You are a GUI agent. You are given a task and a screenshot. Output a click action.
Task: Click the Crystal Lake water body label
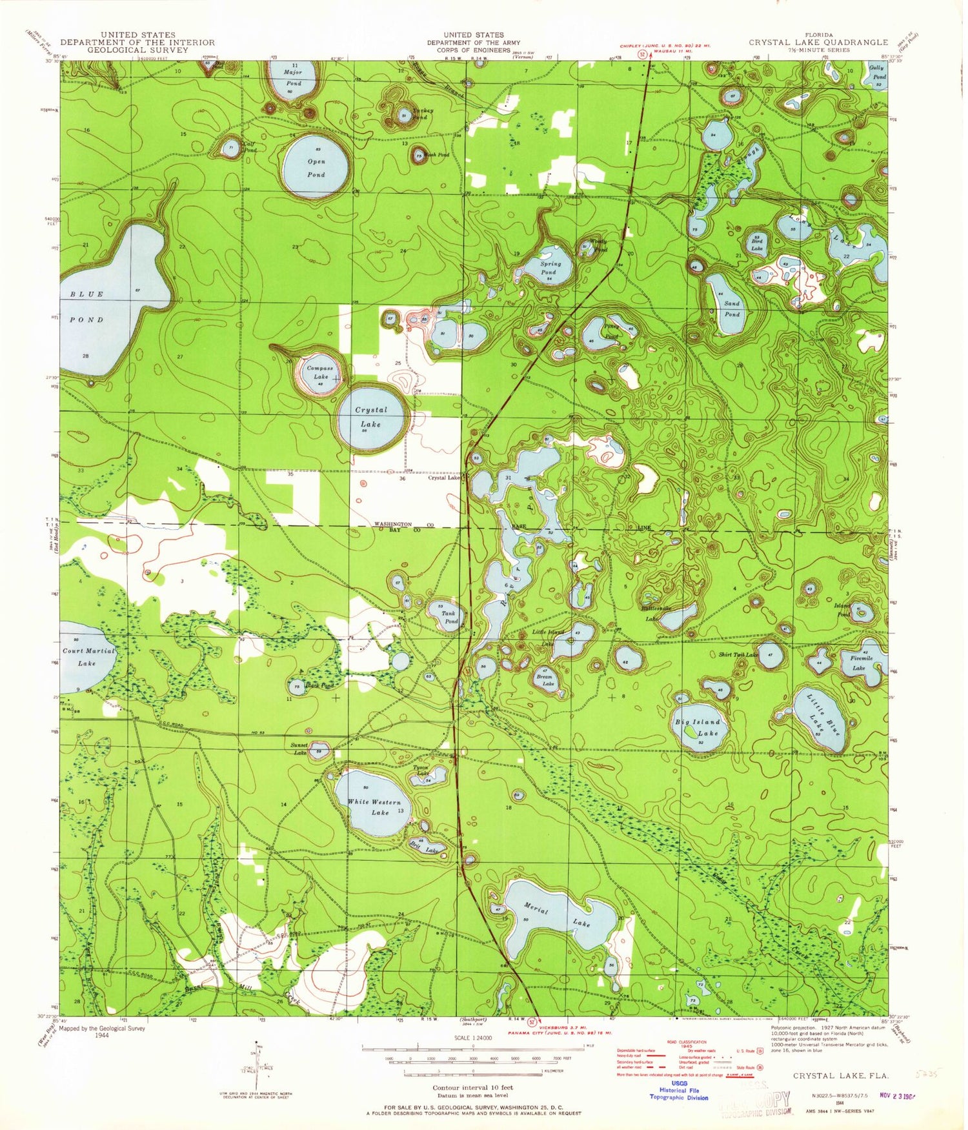[371, 417]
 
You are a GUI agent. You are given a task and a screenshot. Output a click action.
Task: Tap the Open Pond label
[316, 168]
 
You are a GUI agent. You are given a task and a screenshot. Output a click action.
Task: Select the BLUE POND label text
[86, 307]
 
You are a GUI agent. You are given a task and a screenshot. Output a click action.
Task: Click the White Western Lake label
[375, 807]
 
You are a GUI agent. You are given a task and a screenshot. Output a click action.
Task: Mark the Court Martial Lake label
[88, 656]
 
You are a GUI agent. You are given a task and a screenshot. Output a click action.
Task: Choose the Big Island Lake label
[698, 727]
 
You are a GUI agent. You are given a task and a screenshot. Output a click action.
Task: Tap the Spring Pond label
[550, 268]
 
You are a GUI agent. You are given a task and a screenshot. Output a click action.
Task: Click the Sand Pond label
[732, 308]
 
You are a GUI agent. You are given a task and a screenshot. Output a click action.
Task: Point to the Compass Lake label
[320, 372]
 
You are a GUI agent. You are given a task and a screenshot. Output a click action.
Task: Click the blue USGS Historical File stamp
[678, 1090]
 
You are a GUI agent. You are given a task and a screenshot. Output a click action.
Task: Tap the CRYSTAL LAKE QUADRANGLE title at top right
[818, 42]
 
